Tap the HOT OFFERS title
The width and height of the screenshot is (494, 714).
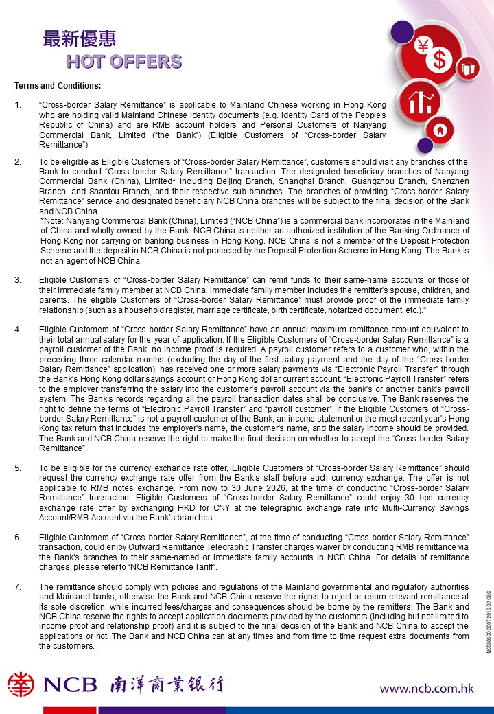click(124, 62)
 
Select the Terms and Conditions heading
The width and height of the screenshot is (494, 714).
click(58, 87)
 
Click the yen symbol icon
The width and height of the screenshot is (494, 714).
click(423, 47)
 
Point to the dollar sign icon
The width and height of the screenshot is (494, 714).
click(440, 60)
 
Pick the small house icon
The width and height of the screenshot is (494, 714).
click(440, 130)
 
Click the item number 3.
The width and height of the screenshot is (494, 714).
click(18, 280)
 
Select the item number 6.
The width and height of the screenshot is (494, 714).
click(18, 535)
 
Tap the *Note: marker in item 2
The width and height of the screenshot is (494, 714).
click(52, 221)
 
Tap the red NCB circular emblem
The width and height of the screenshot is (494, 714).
click(21, 684)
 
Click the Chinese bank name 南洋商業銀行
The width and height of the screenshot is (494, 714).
click(166, 684)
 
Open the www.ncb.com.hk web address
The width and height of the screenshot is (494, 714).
click(426, 688)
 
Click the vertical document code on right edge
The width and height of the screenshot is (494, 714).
click(489, 621)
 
